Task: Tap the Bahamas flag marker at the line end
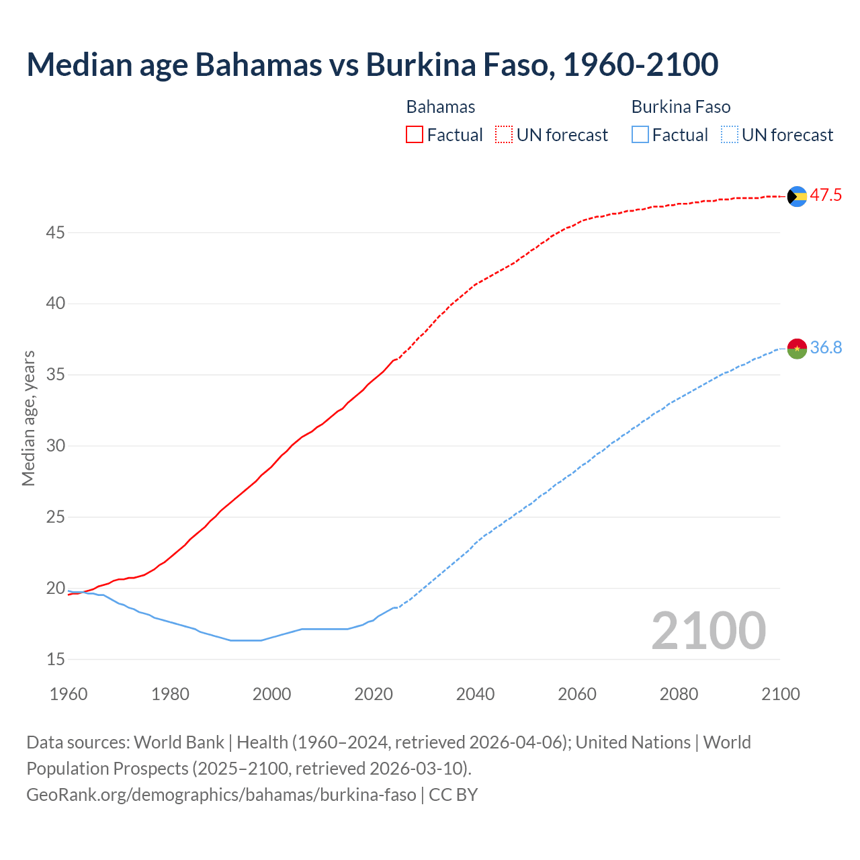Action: pos(797,196)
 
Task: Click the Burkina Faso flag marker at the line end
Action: pos(797,348)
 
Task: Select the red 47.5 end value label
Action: pos(826,196)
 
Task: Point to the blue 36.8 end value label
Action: pos(826,347)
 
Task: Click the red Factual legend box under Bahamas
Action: pos(415,135)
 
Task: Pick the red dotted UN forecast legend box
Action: pos(504,135)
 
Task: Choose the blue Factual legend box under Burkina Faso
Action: pos(640,135)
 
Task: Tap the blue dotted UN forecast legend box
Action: pos(730,135)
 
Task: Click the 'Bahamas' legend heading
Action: pos(441,107)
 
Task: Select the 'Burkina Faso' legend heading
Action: pos(681,107)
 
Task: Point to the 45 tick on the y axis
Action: pos(56,232)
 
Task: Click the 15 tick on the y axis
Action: pos(56,660)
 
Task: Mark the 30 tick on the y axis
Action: pos(56,446)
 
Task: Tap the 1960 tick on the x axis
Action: pos(69,694)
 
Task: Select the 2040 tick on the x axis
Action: pos(475,694)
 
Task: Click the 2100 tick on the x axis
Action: pos(780,694)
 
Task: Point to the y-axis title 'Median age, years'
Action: pos(28,418)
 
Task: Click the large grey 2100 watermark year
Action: pos(708,630)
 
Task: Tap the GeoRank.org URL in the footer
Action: pos(221,794)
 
